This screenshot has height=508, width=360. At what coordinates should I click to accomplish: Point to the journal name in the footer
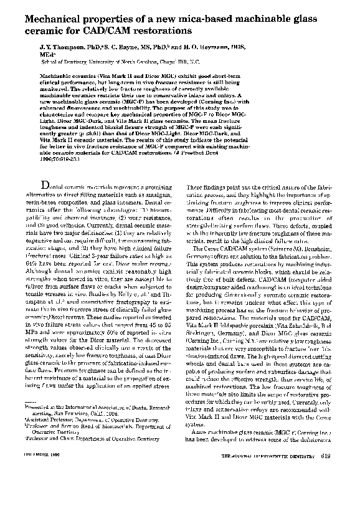click(x=271, y=491)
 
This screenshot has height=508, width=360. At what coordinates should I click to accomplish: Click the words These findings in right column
click(x=206, y=187)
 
